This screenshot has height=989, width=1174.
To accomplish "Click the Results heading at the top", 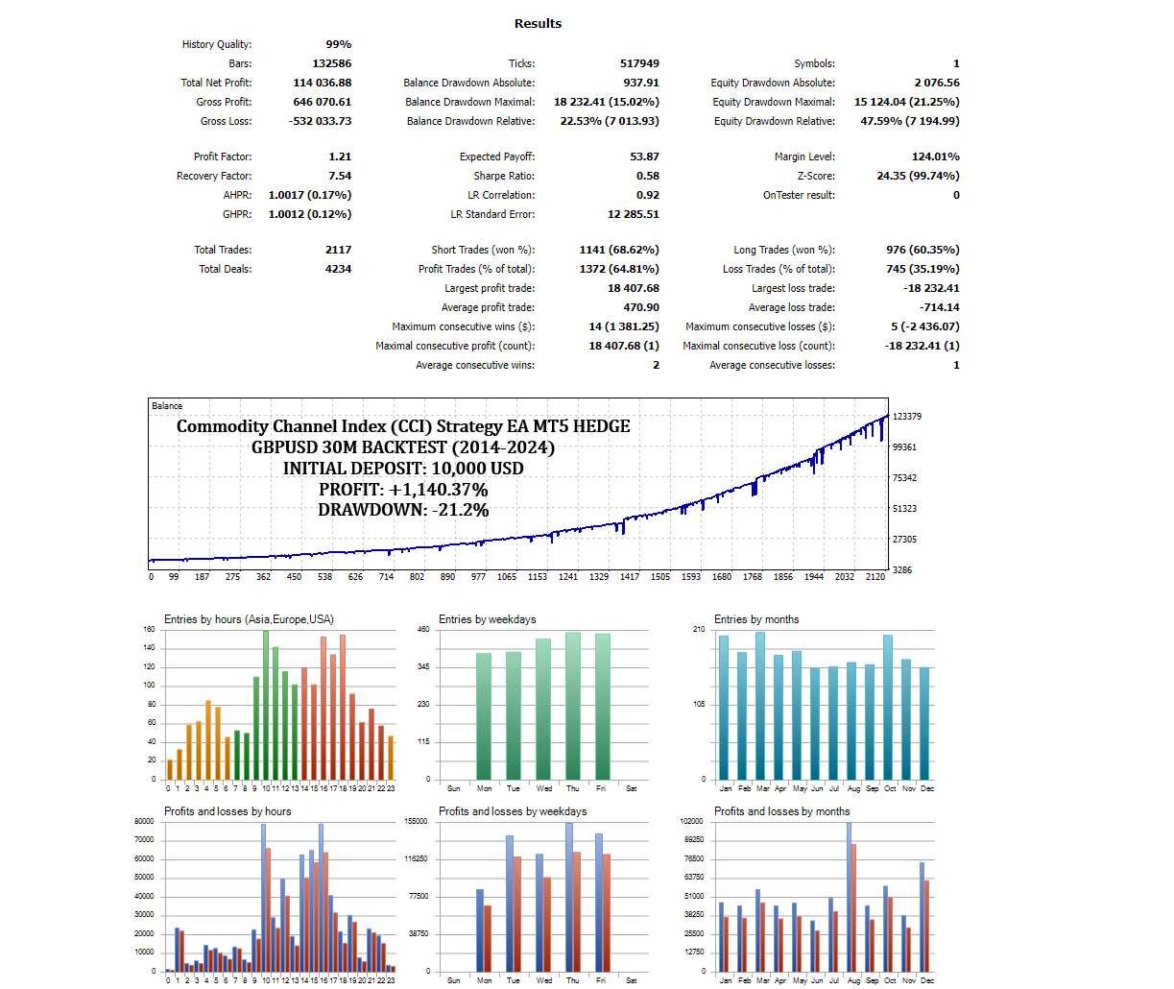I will tap(538, 24).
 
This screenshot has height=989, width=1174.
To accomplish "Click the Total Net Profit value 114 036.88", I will tap(323, 83).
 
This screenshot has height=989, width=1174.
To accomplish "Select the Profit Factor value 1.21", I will tap(340, 157).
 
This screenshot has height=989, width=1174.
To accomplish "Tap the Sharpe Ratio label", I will tap(504, 176).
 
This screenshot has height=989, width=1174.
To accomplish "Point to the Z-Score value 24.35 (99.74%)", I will tap(918, 176).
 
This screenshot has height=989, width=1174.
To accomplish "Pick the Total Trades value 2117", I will tap(338, 250).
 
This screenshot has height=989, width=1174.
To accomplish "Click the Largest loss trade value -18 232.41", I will tap(931, 288).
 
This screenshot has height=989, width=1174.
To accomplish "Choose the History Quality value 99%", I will tap(339, 44).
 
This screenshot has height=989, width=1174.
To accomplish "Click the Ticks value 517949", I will tap(639, 63).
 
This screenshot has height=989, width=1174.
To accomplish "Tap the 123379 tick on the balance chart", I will tap(907, 417).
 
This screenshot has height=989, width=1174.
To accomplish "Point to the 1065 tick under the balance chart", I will tap(507, 577).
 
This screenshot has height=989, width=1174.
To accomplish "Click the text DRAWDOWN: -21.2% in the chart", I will tap(403, 510).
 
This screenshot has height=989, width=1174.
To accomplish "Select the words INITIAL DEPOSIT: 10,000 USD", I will tap(403, 469).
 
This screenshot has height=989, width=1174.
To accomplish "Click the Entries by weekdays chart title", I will tap(488, 619).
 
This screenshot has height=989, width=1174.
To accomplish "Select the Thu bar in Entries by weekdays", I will tap(573, 706).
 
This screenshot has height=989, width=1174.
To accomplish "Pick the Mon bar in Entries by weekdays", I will tap(484, 715).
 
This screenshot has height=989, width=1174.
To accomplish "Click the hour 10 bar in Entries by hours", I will tap(266, 705).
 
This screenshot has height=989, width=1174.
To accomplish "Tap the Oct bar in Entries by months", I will tap(888, 707).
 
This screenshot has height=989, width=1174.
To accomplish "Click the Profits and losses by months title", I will tap(782, 811).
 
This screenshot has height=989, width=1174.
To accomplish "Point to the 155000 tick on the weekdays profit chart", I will tap(416, 822).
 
